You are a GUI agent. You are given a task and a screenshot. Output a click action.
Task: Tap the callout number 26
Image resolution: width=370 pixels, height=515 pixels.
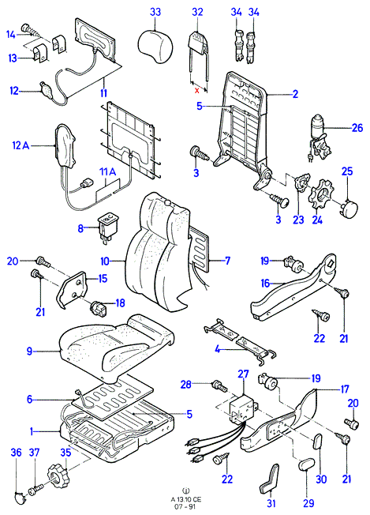coord(357,128)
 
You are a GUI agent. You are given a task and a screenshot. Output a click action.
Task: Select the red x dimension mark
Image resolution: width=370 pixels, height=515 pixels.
coord(196,90)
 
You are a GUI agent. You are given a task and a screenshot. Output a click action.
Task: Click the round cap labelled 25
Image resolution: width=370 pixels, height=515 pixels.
coord(349,208)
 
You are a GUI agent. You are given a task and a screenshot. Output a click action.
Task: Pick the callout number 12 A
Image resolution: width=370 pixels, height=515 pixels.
coord(21,145)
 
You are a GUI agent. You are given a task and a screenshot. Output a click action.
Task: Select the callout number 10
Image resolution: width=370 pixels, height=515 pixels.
coord(105,261)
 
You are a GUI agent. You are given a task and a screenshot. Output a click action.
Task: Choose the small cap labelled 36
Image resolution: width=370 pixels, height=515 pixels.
coord(21,498)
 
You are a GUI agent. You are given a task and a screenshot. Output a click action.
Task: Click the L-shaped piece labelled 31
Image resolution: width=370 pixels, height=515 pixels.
coord(271,479)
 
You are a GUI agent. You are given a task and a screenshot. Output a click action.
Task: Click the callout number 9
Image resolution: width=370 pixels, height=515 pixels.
coord(30,351)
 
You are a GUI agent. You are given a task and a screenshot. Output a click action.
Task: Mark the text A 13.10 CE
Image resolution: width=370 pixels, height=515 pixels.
coord(186,499)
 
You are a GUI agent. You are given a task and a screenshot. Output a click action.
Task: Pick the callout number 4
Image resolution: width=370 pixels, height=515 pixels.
coord(218,349)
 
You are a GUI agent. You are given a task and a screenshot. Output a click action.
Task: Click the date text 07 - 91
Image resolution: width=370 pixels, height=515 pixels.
coord(186,506)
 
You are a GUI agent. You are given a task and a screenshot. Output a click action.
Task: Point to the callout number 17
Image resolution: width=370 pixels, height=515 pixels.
coord(344,389)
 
